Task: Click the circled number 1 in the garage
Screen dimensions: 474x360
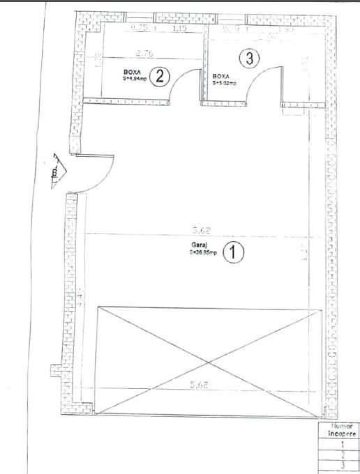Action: (233, 252)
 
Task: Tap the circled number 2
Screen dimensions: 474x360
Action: (160, 75)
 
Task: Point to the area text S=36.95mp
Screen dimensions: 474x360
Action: (202, 253)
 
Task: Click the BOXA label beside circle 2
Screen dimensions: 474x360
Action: (132, 72)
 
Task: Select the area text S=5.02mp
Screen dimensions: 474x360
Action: (225, 82)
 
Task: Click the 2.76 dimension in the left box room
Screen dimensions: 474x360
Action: (144, 52)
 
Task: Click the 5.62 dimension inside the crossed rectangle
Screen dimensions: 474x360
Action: (200, 384)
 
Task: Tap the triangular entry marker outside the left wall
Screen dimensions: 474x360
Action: (55, 171)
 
